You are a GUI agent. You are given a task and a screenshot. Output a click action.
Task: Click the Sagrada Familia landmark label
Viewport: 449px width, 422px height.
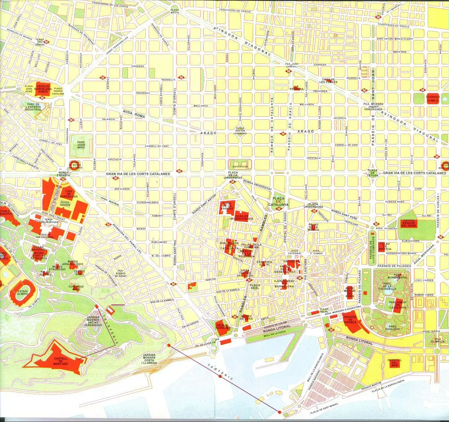click(433, 98)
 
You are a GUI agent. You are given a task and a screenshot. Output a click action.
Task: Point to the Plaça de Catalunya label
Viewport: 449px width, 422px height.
click(278, 201)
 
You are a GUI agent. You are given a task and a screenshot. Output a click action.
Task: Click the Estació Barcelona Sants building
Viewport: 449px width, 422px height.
click(43, 89)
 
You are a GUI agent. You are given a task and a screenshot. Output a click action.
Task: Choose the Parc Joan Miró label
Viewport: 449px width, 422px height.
click(81, 145)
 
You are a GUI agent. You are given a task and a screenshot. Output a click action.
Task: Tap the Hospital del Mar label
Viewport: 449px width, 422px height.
click(395, 363)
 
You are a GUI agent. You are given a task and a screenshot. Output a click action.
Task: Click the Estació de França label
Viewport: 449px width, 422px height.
click(350, 320)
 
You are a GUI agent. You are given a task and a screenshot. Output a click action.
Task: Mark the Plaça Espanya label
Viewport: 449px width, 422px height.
click(64, 174)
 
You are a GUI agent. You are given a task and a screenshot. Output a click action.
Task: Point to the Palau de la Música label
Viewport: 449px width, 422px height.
click(313, 227)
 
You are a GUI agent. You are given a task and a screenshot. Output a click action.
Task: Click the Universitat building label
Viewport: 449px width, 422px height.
click(240, 166)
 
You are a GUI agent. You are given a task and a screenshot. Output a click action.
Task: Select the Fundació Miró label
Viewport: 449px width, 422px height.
click(76, 288)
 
